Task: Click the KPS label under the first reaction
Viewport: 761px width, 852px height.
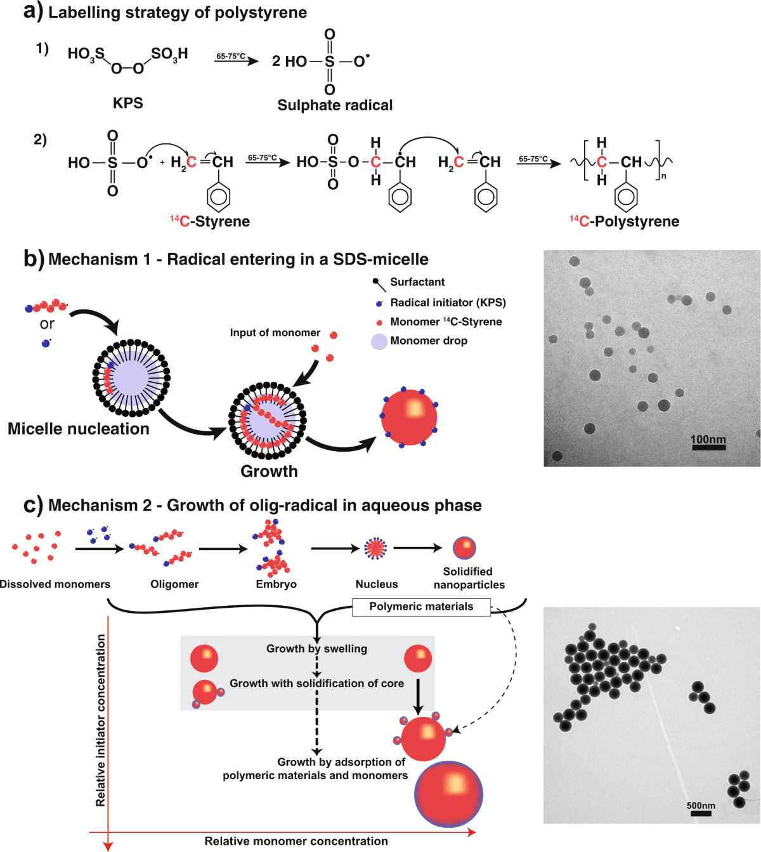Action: pyautogui.click(x=127, y=103)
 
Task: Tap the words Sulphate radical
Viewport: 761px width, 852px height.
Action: pyautogui.click(x=335, y=105)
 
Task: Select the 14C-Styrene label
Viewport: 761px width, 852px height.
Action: pyautogui.click(x=210, y=221)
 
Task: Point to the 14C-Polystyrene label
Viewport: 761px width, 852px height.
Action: pyautogui.click(x=624, y=221)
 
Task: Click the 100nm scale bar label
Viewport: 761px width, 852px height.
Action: pyautogui.click(x=708, y=439)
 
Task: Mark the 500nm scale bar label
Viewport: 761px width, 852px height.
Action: pyautogui.click(x=701, y=805)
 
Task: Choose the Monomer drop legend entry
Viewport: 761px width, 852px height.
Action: pyautogui.click(x=429, y=341)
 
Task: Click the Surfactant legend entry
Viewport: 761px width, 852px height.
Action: pyautogui.click(x=417, y=282)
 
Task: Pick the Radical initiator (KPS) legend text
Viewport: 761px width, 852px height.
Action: pyautogui.click(x=448, y=303)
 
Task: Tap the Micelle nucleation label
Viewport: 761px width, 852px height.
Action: pyautogui.click(x=79, y=429)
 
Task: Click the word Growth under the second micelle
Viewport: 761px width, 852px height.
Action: pyautogui.click(x=269, y=471)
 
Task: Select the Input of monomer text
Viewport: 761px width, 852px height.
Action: pyautogui.click(x=275, y=332)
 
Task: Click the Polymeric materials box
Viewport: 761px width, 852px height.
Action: pyautogui.click(x=421, y=606)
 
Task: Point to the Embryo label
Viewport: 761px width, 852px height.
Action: pyautogui.click(x=276, y=584)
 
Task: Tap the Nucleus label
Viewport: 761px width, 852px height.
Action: pyautogui.click(x=377, y=584)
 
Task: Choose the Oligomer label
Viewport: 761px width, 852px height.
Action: pyautogui.click(x=174, y=584)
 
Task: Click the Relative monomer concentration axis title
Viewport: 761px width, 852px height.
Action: pyautogui.click(x=296, y=841)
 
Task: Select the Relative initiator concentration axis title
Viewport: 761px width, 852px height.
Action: pyautogui.click(x=101, y=720)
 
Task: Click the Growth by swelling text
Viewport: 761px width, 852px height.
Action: pyautogui.click(x=316, y=648)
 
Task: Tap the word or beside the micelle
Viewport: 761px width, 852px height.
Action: pyautogui.click(x=47, y=324)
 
